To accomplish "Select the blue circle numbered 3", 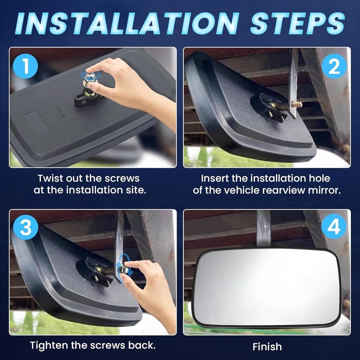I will (x=25, y=228).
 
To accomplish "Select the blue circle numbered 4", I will (x=334, y=228).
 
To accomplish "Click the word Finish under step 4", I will (x=267, y=347).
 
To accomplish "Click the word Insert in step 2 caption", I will (x=214, y=179).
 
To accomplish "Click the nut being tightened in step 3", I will (x=124, y=270).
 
